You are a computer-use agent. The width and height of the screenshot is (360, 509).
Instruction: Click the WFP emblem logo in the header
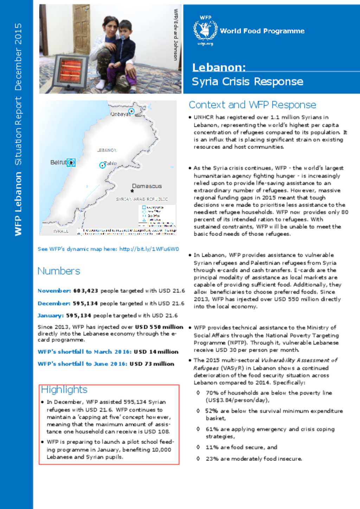pos(205,30)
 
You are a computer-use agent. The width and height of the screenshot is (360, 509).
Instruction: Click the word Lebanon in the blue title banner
pos(219,67)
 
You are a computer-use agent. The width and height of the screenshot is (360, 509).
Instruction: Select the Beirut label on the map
pos(58,162)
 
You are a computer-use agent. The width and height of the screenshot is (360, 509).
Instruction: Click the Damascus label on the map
pos(147,186)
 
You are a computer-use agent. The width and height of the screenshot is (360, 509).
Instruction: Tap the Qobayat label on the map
pos(120,114)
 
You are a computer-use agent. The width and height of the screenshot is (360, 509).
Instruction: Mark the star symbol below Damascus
pos(132,191)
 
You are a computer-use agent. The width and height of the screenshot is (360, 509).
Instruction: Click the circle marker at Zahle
pos(102,165)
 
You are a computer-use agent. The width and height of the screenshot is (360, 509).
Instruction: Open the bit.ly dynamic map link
pos(149,249)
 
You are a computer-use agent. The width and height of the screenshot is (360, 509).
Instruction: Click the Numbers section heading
pos(59,271)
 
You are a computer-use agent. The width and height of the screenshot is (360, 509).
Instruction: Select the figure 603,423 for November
pos(85,291)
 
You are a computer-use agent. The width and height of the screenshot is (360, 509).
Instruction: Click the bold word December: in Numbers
pos(54,303)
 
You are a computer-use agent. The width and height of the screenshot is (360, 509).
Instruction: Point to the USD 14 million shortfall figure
pos(156,352)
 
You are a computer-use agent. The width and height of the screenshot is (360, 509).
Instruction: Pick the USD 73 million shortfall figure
pos(152,364)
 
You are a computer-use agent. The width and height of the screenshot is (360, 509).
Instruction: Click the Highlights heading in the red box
pos(64,389)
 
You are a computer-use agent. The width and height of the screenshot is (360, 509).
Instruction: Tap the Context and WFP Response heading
pos(252,105)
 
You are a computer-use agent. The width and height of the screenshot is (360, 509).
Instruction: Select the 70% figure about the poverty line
pos(212,393)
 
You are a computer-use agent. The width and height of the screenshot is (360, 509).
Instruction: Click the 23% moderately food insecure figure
pos(212,458)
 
